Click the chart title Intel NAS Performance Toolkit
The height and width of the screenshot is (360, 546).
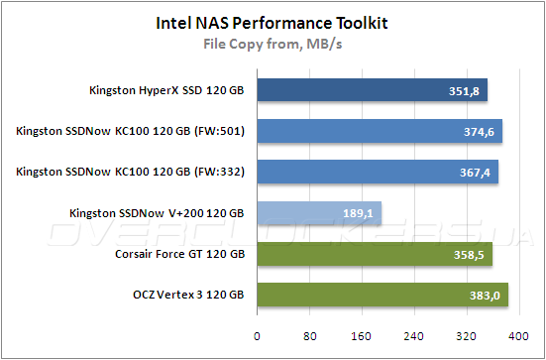(x=273, y=21)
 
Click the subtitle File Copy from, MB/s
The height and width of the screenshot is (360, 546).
(x=273, y=43)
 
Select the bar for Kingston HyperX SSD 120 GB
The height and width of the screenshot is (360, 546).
(x=372, y=91)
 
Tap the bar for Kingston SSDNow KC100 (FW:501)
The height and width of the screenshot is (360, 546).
(x=379, y=131)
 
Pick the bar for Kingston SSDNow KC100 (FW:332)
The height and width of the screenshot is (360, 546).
(x=377, y=172)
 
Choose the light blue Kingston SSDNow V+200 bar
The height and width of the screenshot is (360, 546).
(x=318, y=212)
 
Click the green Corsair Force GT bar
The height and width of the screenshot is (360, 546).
(x=374, y=254)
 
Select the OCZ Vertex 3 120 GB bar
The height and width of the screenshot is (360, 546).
(x=382, y=295)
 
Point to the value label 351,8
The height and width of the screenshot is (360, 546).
(x=463, y=92)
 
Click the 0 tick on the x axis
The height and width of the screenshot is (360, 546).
(x=257, y=334)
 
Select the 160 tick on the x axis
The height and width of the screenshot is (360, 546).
(x=362, y=334)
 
